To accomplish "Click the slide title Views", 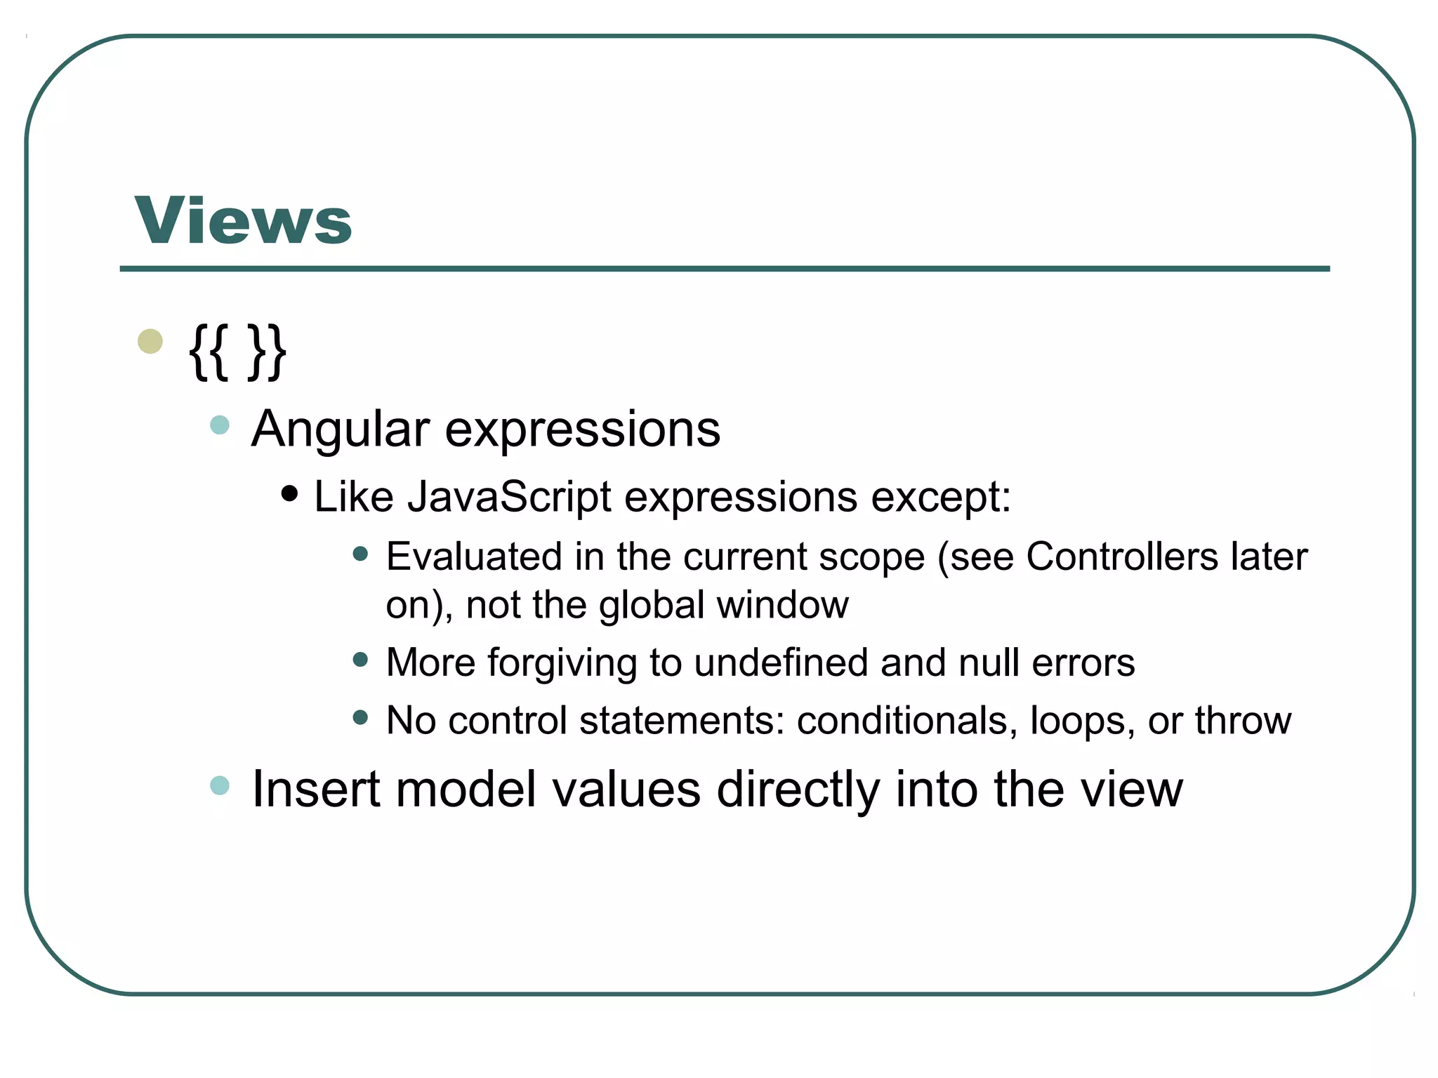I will click(243, 220).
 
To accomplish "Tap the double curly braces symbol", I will click(237, 352).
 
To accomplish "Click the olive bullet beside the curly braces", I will click(150, 342).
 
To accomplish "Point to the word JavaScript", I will click(509, 497).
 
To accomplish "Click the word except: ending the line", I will click(941, 497).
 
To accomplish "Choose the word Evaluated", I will click(474, 557).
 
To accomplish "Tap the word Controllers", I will click(1121, 557).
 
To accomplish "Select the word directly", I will click(798, 789).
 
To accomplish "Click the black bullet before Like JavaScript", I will click(289, 493).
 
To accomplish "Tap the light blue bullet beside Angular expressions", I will click(220, 425).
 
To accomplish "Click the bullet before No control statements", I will click(361, 717).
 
